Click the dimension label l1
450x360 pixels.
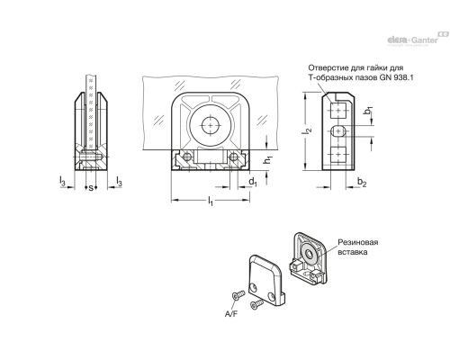[x=211, y=202]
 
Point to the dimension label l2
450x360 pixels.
[x=308, y=130]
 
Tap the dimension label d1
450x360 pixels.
[x=253, y=182]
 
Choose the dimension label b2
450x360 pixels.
[x=362, y=182]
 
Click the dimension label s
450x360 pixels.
[x=90, y=188]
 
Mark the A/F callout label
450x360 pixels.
[x=231, y=314]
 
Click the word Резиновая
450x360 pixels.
[x=358, y=242]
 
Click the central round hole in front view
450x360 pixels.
[x=211, y=125]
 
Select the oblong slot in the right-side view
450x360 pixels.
[x=338, y=131]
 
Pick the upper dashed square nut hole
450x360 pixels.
[x=338, y=110]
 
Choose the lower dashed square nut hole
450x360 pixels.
[x=338, y=155]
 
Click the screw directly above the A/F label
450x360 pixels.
[x=238, y=295]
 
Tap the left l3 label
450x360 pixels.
[x=62, y=181]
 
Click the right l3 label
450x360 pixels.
[x=119, y=181]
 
